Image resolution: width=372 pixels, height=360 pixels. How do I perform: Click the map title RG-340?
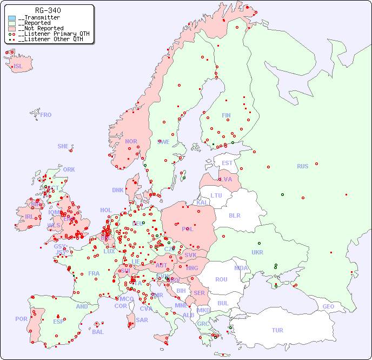click(x=48, y=10)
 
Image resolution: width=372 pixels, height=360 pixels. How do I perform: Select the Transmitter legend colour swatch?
click(x=12, y=18)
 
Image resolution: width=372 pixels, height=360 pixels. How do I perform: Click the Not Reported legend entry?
click(x=41, y=28)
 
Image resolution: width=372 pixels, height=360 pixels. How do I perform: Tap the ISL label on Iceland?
click(x=18, y=67)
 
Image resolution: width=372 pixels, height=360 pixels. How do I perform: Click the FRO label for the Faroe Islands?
click(x=46, y=115)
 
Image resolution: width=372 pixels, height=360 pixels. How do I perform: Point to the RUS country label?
click(x=302, y=166)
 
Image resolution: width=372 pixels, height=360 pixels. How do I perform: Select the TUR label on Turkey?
click(x=277, y=330)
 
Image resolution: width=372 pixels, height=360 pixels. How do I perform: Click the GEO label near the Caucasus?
click(x=328, y=306)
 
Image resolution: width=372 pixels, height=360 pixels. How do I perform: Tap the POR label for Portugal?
click(x=21, y=319)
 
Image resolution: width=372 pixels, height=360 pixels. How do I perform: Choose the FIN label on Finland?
click(x=226, y=115)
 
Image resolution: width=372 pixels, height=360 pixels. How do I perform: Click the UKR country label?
click(x=257, y=252)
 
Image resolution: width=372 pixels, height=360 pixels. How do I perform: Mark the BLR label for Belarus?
click(x=234, y=215)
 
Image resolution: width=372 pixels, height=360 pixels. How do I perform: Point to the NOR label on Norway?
click(x=131, y=141)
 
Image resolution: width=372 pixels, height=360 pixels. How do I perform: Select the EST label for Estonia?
click(x=227, y=163)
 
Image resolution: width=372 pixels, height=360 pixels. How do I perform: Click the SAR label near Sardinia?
click(x=142, y=320)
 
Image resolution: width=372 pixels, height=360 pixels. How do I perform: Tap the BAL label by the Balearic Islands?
click(x=97, y=332)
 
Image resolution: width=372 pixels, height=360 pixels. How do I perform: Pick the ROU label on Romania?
click(x=221, y=279)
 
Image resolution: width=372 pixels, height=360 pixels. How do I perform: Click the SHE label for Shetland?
click(x=63, y=146)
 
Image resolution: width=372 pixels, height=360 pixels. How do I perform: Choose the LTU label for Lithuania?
click(x=216, y=195)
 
